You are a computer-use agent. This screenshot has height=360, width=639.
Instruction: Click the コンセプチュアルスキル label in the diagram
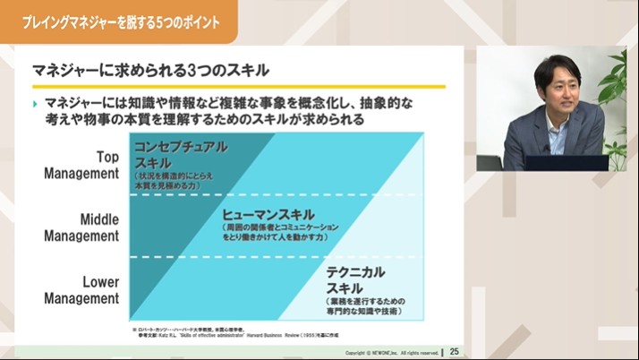click(180, 153)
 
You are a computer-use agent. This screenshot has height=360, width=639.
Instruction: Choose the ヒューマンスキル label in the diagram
click(268, 215)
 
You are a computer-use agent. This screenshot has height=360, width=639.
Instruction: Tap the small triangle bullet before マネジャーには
click(35, 105)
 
